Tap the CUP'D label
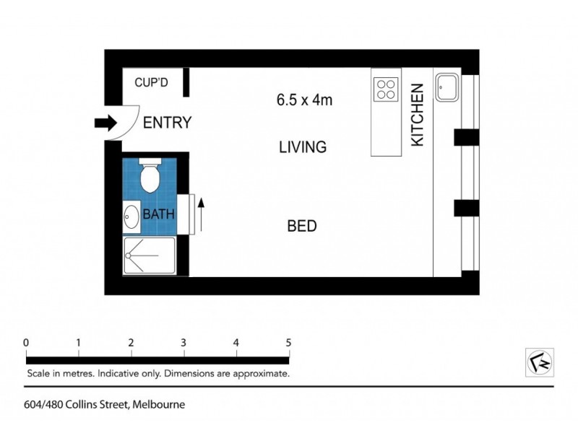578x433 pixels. coord(151,82)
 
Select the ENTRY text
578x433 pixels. coord(167,123)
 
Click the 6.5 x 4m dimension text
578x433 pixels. coord(304,100)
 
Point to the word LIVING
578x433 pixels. coord(303,147)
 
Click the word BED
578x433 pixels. coord(302,226)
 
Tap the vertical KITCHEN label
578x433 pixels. coord(417,115)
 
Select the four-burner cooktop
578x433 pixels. coord(386,88)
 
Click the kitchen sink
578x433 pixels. coord(445,87)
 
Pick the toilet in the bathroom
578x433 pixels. coord(150,174)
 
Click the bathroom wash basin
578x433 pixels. coord(131,216)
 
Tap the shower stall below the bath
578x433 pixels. coord(149,255)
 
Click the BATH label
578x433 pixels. coord(158,214)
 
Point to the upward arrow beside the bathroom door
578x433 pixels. coord(202,214)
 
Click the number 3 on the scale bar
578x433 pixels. coord(184,342)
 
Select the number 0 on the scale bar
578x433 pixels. coord(26,342)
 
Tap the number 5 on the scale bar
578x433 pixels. coord(288,342)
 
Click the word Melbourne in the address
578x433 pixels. coord(159,405)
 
